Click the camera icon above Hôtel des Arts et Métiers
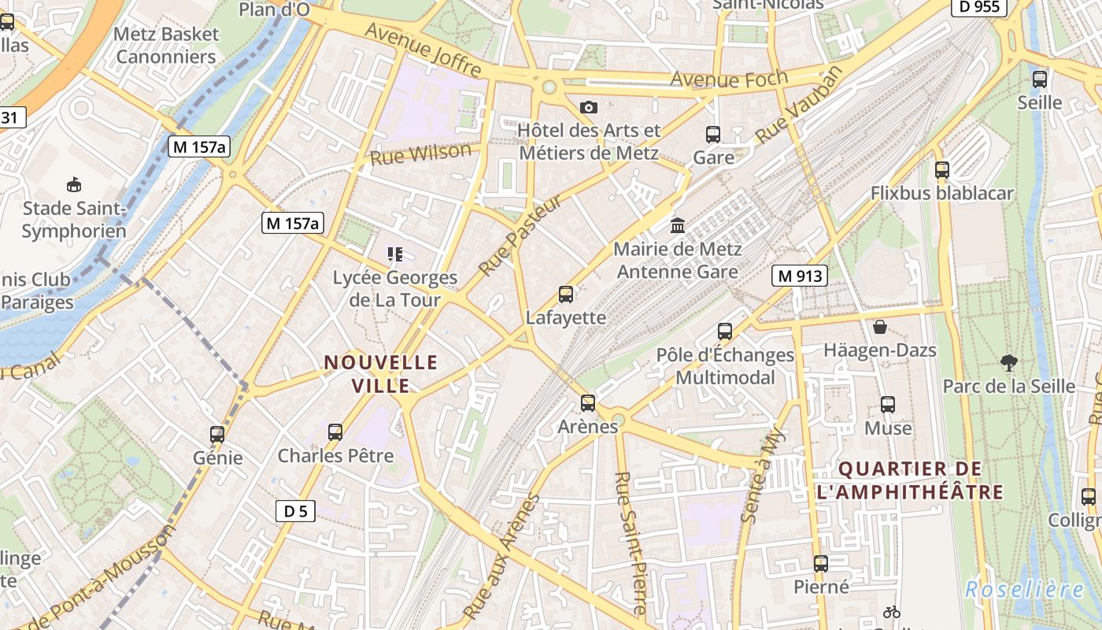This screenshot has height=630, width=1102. coord(588,107)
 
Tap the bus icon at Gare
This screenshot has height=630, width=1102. coord(713,135)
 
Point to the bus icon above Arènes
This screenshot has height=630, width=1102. coord(587,403)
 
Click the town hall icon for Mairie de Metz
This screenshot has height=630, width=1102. coord(677,226)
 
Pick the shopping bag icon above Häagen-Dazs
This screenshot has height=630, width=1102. coord(879,326)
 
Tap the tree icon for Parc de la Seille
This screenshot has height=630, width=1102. coord(1008,363)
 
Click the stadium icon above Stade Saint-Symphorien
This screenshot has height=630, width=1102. coord(73,185)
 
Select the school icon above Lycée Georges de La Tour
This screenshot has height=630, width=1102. coord(394,254)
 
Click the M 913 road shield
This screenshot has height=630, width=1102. coord(800,276)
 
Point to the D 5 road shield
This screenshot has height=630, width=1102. coord(295,511)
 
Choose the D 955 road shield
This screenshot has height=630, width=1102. coord(979,7)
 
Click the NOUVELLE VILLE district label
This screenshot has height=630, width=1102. coord(381,373)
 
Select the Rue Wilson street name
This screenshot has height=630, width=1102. coord(421,153)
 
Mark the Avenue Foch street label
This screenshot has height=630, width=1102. coord(729,79)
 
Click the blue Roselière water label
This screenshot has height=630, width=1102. coord(1024,589)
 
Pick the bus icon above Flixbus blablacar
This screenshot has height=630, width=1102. coord(941,169)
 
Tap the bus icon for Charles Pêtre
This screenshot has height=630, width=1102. coord(335,432)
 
